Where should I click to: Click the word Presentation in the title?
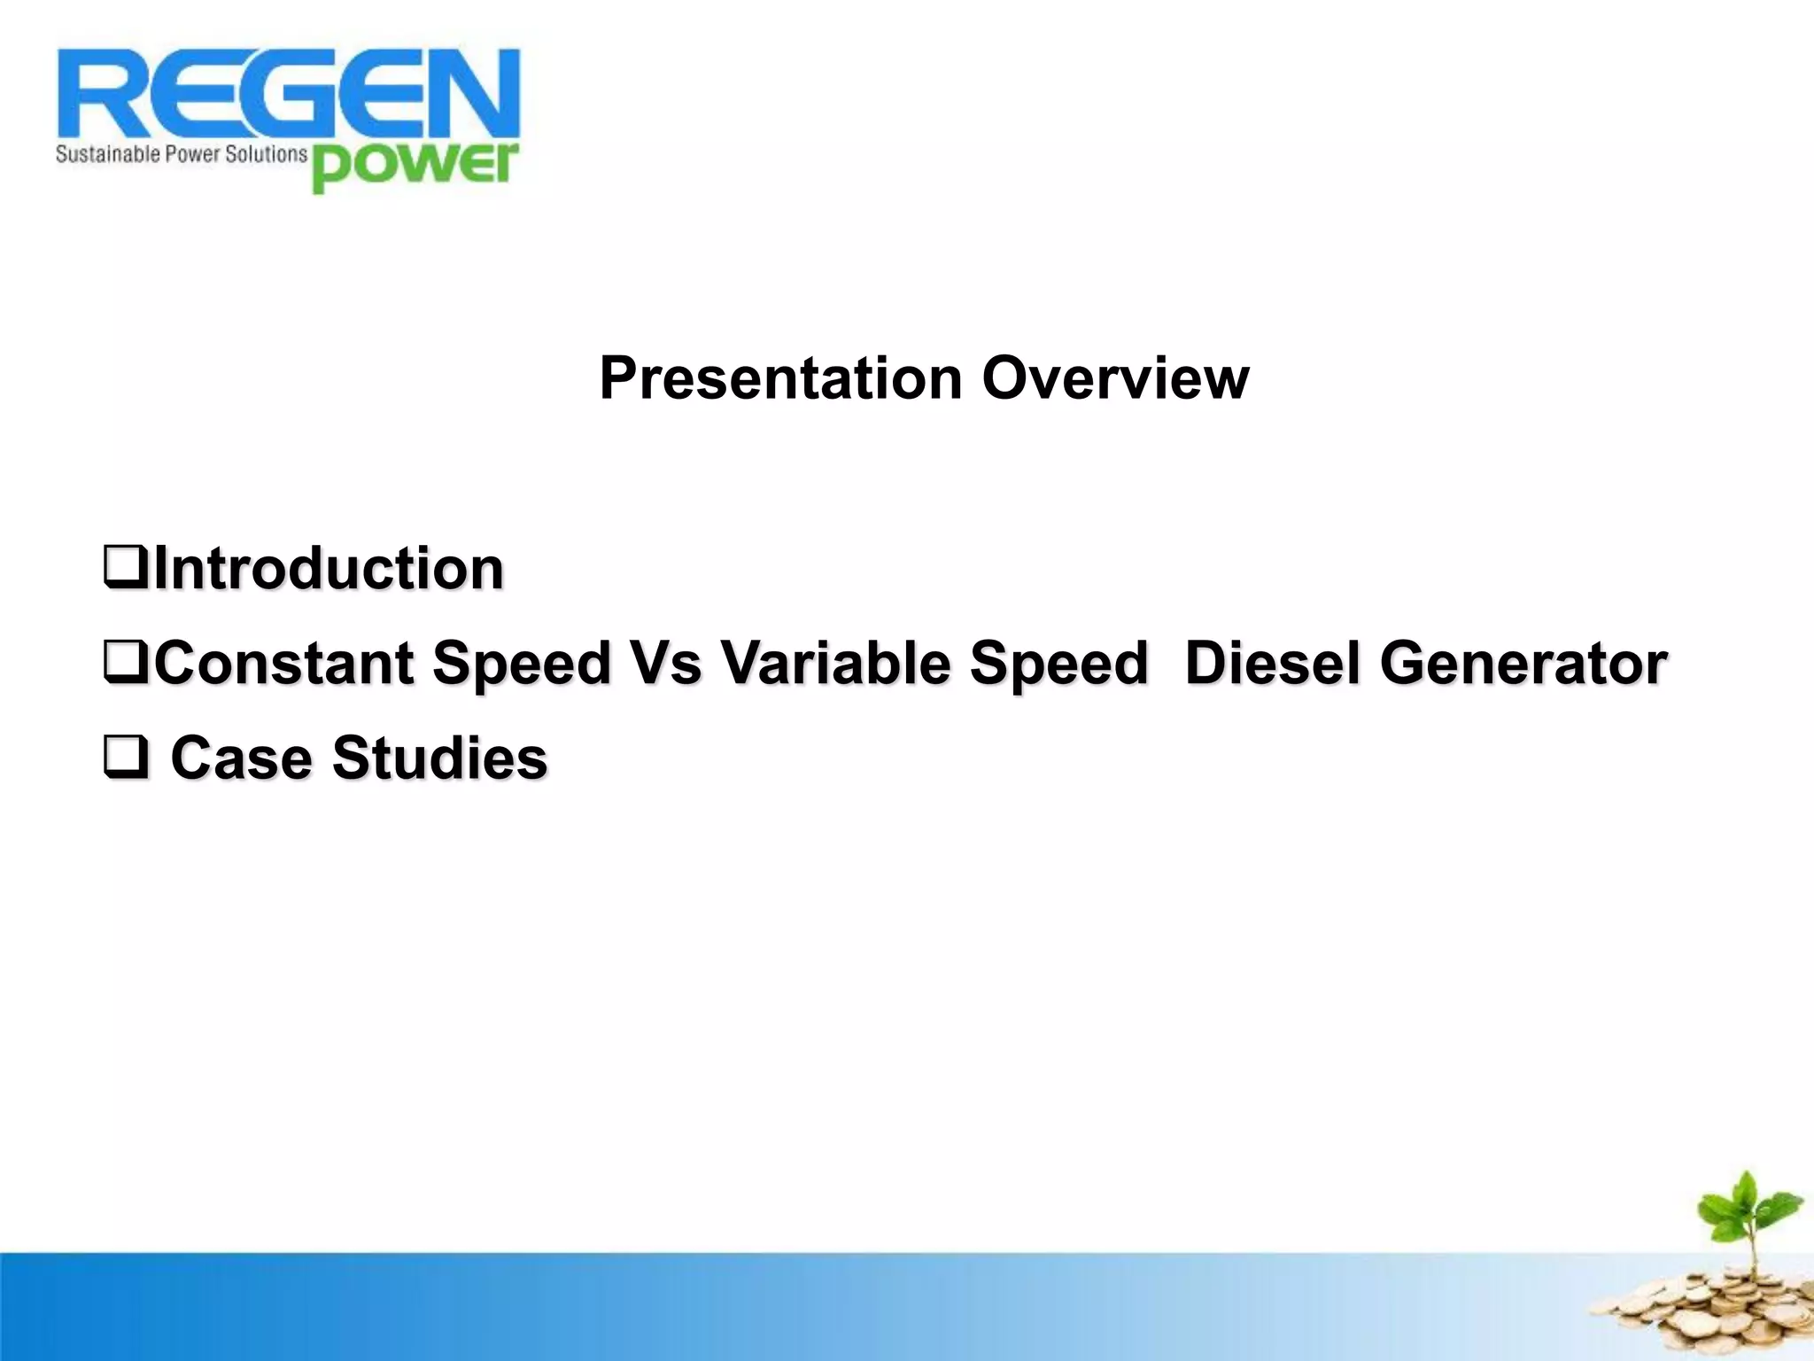click(x=780, y=379)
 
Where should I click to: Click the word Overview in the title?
click(x=1115, y=379)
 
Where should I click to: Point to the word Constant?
click(x=284, y=664)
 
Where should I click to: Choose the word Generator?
click(x=1523, y=664)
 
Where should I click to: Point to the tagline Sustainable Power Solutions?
click(x=181, y=155)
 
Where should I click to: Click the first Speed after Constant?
click(x=522, y=664)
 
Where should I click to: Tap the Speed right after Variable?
click(x=1058, y=664)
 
